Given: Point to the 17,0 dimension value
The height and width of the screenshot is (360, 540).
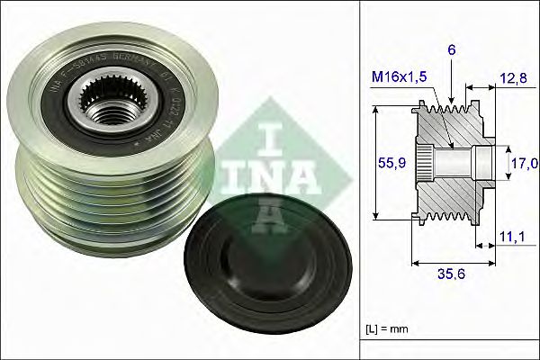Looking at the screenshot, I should (524, 163).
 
